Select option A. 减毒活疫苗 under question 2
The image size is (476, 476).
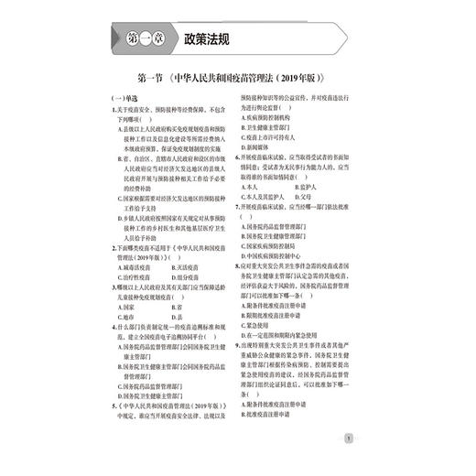click(135, 267)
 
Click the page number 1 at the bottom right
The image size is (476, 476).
click(348, 438)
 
